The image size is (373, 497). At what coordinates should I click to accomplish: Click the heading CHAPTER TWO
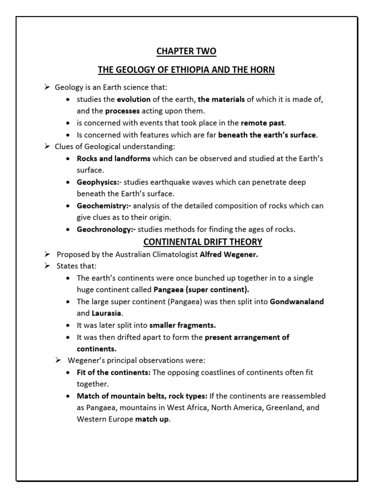[x=186, y=51]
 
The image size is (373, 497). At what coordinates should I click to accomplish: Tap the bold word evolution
[x=134, y=99]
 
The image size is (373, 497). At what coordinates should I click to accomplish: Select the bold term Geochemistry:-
[x=103, y=206]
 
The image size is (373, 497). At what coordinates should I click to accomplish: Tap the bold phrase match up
[x=153, y=419]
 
